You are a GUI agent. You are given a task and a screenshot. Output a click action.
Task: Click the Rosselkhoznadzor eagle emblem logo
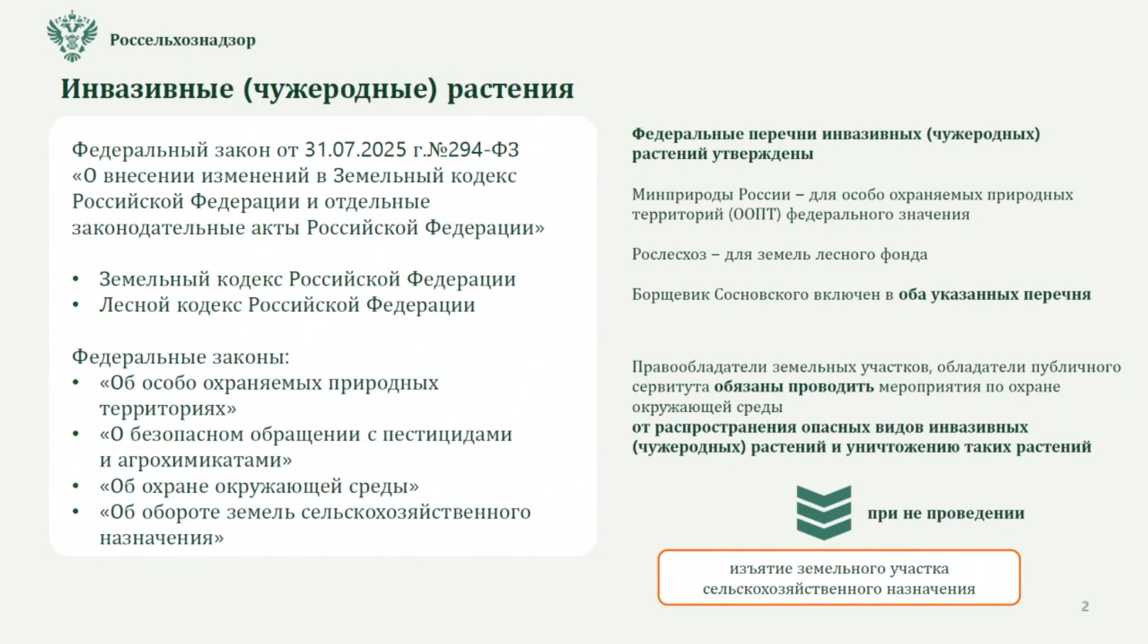coord(72,36)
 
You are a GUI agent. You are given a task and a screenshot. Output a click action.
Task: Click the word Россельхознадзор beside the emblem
coord(182,40)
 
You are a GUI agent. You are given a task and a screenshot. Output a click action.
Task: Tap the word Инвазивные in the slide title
coord(147,89)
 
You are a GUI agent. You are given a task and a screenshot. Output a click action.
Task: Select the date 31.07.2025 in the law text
coord(356,150)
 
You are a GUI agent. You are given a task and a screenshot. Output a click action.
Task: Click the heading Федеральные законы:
coord(180,357)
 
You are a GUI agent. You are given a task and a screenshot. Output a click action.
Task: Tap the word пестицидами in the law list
coord(447,435)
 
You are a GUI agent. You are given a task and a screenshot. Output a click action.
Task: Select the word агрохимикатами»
coord(205,460)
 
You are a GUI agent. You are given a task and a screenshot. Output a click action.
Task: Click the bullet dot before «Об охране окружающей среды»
coord(76,486)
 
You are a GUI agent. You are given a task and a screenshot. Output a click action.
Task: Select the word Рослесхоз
coord(669,255)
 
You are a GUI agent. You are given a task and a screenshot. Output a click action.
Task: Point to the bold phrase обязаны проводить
coord(794,387)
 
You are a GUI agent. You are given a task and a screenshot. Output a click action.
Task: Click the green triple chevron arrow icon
coord(823,513)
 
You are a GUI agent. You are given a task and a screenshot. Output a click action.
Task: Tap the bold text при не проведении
coord(946,513)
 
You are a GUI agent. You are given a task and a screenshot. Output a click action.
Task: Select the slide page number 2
coord(1085,606)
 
